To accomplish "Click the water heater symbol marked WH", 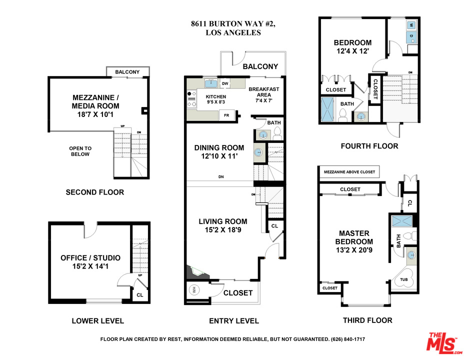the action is [x=194, y=290].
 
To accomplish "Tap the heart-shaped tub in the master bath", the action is [x=404, y=278].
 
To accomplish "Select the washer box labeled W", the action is [x=411, y=25].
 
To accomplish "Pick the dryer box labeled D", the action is [x=411, y=36].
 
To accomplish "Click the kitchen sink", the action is [x=210, y=83].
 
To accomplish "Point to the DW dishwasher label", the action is [x=225, y=83].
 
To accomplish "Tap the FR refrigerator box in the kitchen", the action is [x=227, y=115].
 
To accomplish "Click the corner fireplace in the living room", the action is [x=196, y=272].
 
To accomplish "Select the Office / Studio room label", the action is [x=90, y=257].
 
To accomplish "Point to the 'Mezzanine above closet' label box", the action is [x=349, y=172].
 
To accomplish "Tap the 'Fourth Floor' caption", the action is [x=369, y=146].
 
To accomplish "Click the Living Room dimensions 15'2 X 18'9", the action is [x=223, y=230].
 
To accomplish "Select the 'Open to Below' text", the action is [x=80, y=151].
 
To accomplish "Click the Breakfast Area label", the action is [x=264, y=92].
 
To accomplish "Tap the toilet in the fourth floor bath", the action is [x=343, y=115].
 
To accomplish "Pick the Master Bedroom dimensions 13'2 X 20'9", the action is [x=354, y=250].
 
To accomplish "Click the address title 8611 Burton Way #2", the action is [x=233, y=24].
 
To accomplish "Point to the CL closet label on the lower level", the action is [x=139, y=295].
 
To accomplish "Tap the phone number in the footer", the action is [x=348, y=339].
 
